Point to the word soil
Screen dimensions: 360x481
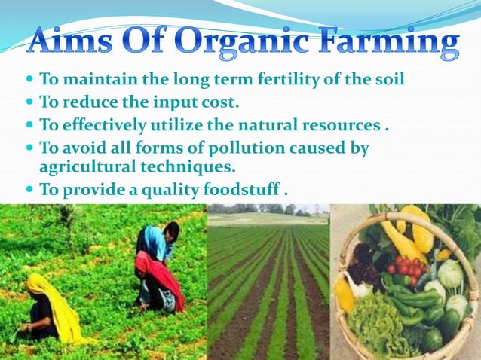[389, 78]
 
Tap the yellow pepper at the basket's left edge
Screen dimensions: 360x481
[345, 294]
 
